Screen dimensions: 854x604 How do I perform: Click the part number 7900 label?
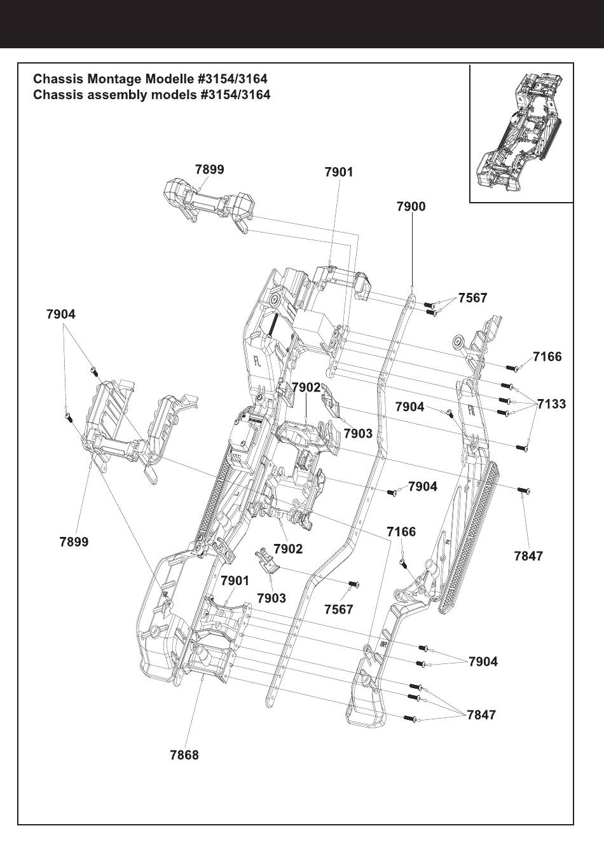411,207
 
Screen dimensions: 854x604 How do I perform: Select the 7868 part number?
184,755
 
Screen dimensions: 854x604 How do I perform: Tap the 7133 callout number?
551,404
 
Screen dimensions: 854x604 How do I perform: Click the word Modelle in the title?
170,79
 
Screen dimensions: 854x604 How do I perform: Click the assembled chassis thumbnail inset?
521,133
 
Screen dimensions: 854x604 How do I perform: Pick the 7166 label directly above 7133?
547,356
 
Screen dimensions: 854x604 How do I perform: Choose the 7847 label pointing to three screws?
481,715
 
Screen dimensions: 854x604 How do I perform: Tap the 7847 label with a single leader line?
528,556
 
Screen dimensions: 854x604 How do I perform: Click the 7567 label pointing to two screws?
472,298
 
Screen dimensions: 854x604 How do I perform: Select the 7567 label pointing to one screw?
338,609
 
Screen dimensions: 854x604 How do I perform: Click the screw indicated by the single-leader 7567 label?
354,584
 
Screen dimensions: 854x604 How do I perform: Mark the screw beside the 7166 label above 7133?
512,367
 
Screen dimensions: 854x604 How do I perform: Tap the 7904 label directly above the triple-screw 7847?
483,661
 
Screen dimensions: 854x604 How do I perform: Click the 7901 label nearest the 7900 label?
338,172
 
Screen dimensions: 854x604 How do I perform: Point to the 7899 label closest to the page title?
209,169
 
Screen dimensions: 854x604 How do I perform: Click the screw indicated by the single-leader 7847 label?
523,491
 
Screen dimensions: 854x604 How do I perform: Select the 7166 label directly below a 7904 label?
401,531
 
